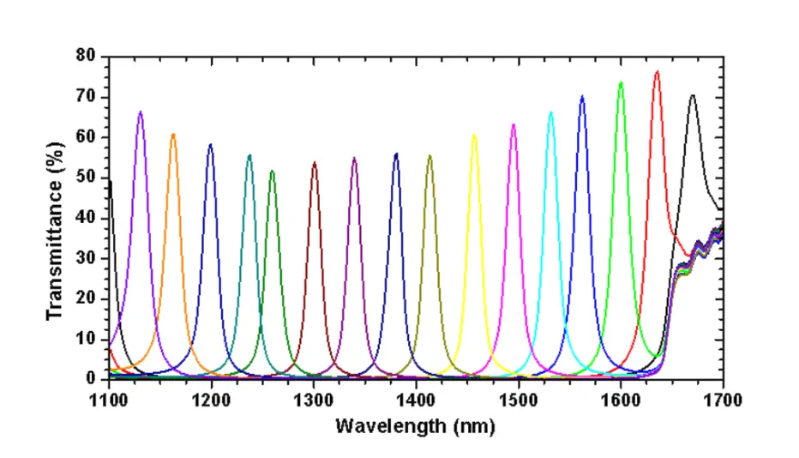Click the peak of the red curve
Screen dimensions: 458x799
[657, 72]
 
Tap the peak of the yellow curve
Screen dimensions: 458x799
[474, 136]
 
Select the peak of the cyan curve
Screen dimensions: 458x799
[551, 112]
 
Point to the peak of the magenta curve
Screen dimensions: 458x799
[514, 125]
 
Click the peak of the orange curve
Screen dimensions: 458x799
[173, 135]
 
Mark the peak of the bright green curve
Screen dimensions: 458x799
[621, 83]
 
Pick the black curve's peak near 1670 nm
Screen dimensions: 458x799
[693, 96]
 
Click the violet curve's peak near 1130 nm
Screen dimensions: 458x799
[141, 112]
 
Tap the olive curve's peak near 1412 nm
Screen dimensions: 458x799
[430, 156]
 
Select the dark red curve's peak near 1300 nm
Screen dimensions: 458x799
[315, 163]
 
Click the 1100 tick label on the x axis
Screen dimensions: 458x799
[109, 399]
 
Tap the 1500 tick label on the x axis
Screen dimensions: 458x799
[518, 399]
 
